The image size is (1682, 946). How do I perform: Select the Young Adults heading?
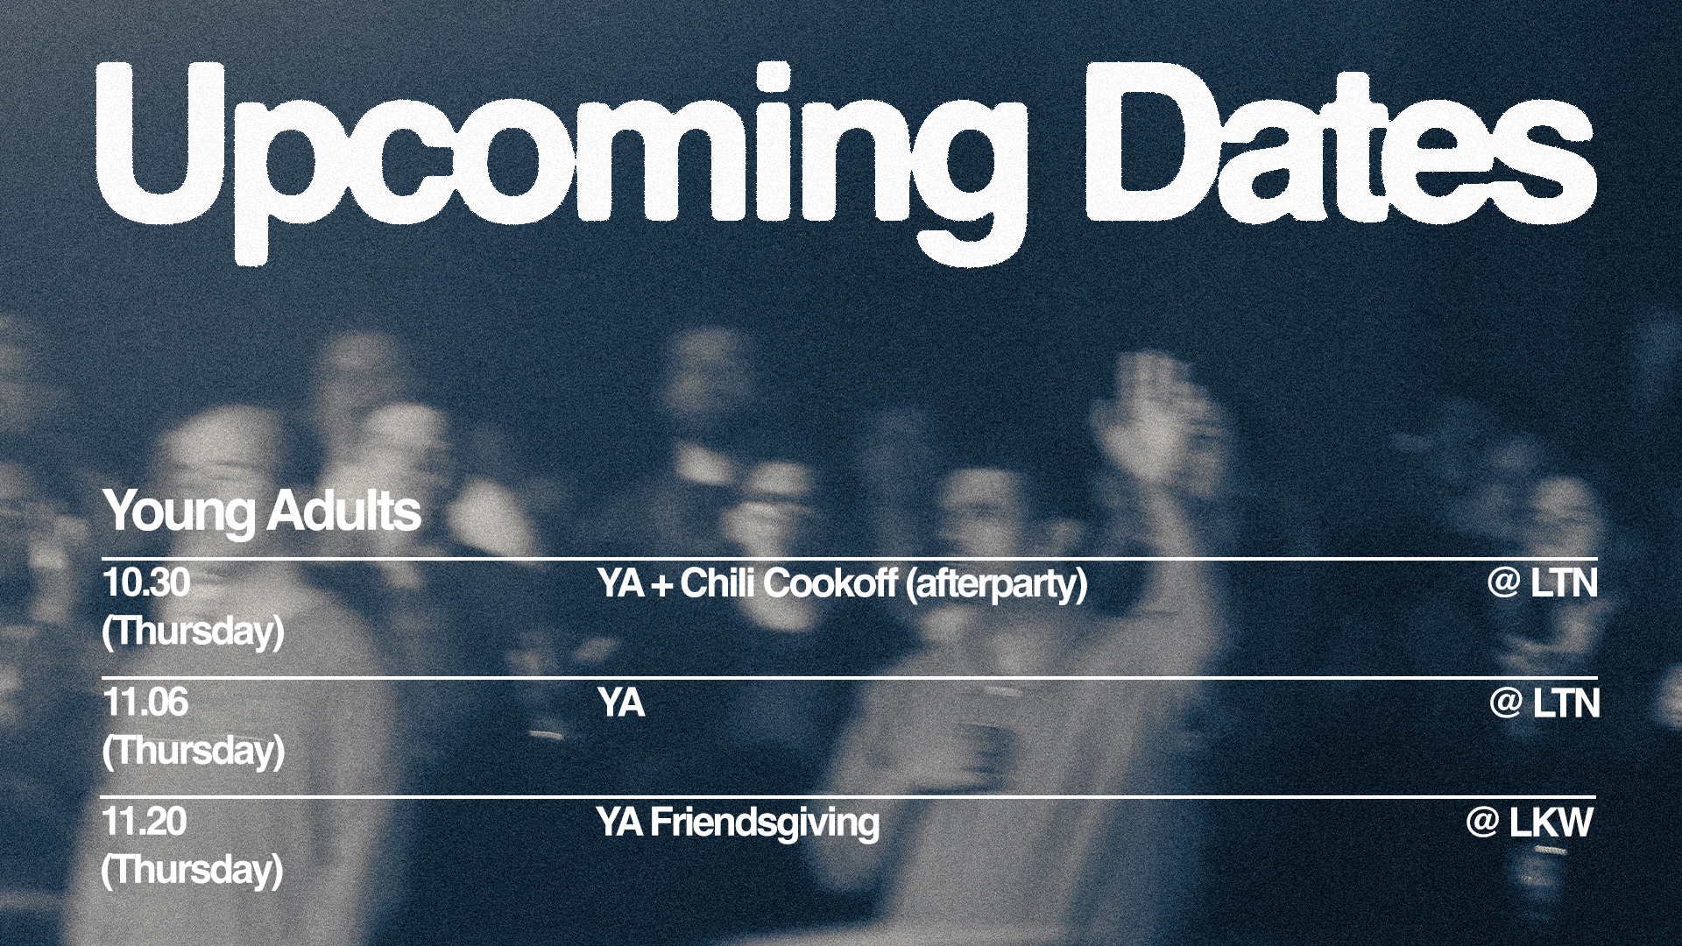(x=262, y=512)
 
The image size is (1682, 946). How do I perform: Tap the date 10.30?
(x=145, y=582)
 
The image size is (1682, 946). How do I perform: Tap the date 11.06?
(x=145, y=702)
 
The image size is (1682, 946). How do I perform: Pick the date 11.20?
(x=145, y=822)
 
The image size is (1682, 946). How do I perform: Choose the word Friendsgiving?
(x=765, y=824)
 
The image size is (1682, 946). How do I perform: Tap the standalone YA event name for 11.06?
(x=621, y=703)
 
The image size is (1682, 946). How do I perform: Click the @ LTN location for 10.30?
(x=1542, y=583)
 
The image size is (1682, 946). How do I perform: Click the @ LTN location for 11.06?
(x=1544, y=703)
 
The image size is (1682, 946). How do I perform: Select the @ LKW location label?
(x=1530, y=823)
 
